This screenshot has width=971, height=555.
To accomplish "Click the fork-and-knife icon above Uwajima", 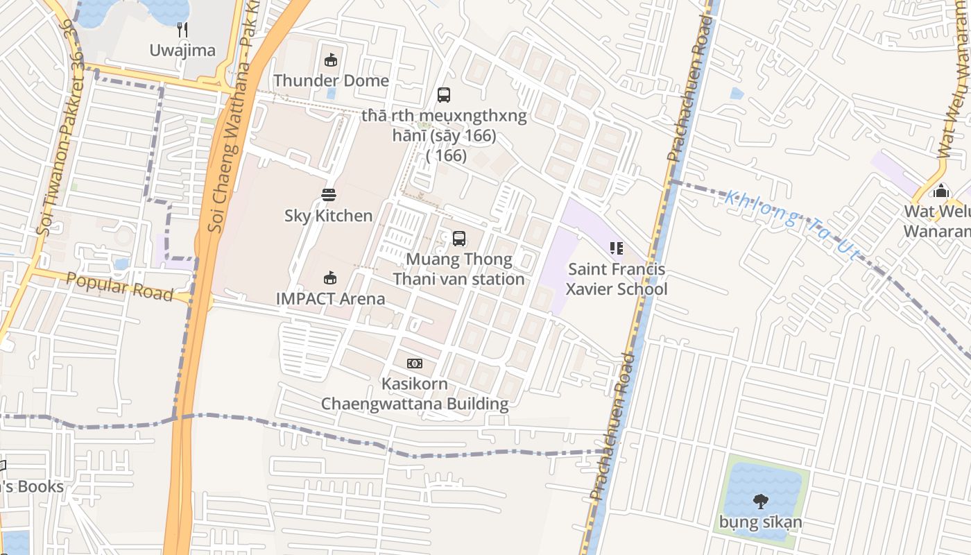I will tap(183, 29).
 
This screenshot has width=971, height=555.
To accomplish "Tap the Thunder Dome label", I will tap(331, 80).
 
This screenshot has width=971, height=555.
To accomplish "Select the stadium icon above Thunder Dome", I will tap(331, 60).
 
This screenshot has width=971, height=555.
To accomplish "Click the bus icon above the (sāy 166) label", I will tap(444, 95).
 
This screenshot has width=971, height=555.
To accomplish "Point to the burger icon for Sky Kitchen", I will tap(329, 195).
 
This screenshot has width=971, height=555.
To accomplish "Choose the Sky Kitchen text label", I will tap(329, 216).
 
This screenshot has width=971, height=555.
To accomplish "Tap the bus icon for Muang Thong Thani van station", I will tap(459, 239).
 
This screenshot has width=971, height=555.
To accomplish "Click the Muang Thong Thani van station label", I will tap(458, 269).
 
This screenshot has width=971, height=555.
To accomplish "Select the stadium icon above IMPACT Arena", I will tap(330, 278).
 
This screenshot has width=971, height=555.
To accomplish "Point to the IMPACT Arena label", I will tap(330, 299).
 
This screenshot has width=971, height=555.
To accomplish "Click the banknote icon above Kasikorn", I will tap(415, 364).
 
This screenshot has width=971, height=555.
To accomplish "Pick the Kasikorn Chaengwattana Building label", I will tap(415, 393).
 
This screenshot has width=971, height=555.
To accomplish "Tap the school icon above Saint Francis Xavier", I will tap(617, 248).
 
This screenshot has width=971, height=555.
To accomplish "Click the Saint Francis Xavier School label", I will tap(617, 279).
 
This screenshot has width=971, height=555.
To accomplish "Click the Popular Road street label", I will tap(119, 287).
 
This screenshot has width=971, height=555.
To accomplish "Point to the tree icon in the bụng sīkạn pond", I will tap(761, 501).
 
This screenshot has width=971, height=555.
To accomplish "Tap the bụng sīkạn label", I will tap(761, 522).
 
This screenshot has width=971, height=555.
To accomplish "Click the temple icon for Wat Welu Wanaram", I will tap(941, 190).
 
